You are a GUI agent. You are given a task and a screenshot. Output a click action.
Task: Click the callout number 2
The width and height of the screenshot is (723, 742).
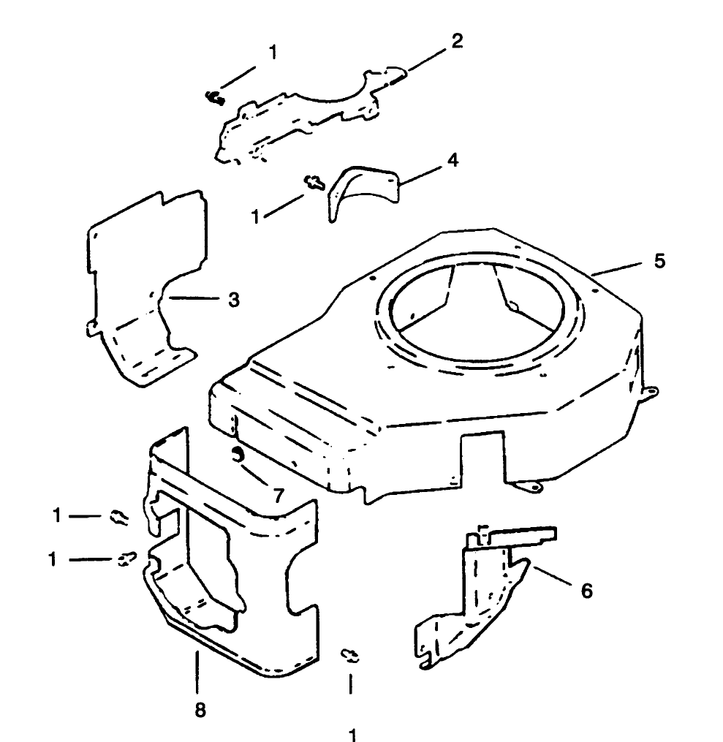457,41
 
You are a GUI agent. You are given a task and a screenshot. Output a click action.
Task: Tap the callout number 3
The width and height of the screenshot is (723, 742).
234,300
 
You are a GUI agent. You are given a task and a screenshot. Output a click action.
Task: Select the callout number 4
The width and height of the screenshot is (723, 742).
453,160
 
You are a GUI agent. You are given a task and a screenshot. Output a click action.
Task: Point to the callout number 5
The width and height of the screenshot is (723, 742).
659,261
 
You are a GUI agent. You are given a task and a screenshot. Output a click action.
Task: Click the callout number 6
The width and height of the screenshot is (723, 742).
586,591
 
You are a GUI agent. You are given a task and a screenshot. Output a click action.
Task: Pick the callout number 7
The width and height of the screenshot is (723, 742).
279,496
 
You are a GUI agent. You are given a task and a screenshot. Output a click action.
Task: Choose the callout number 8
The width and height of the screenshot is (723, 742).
200,711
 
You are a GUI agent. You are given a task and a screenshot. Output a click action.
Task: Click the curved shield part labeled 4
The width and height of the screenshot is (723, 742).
363,192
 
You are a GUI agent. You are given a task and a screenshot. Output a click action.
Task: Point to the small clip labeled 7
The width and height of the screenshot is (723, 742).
237,455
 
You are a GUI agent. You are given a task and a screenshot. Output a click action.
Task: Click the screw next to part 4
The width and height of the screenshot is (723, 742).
314,183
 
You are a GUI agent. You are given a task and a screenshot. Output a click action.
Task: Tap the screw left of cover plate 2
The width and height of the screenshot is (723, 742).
215,98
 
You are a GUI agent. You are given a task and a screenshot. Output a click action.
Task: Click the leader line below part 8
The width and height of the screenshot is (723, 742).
197,672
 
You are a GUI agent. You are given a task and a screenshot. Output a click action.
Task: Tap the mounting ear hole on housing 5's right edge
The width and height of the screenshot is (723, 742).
652,391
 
